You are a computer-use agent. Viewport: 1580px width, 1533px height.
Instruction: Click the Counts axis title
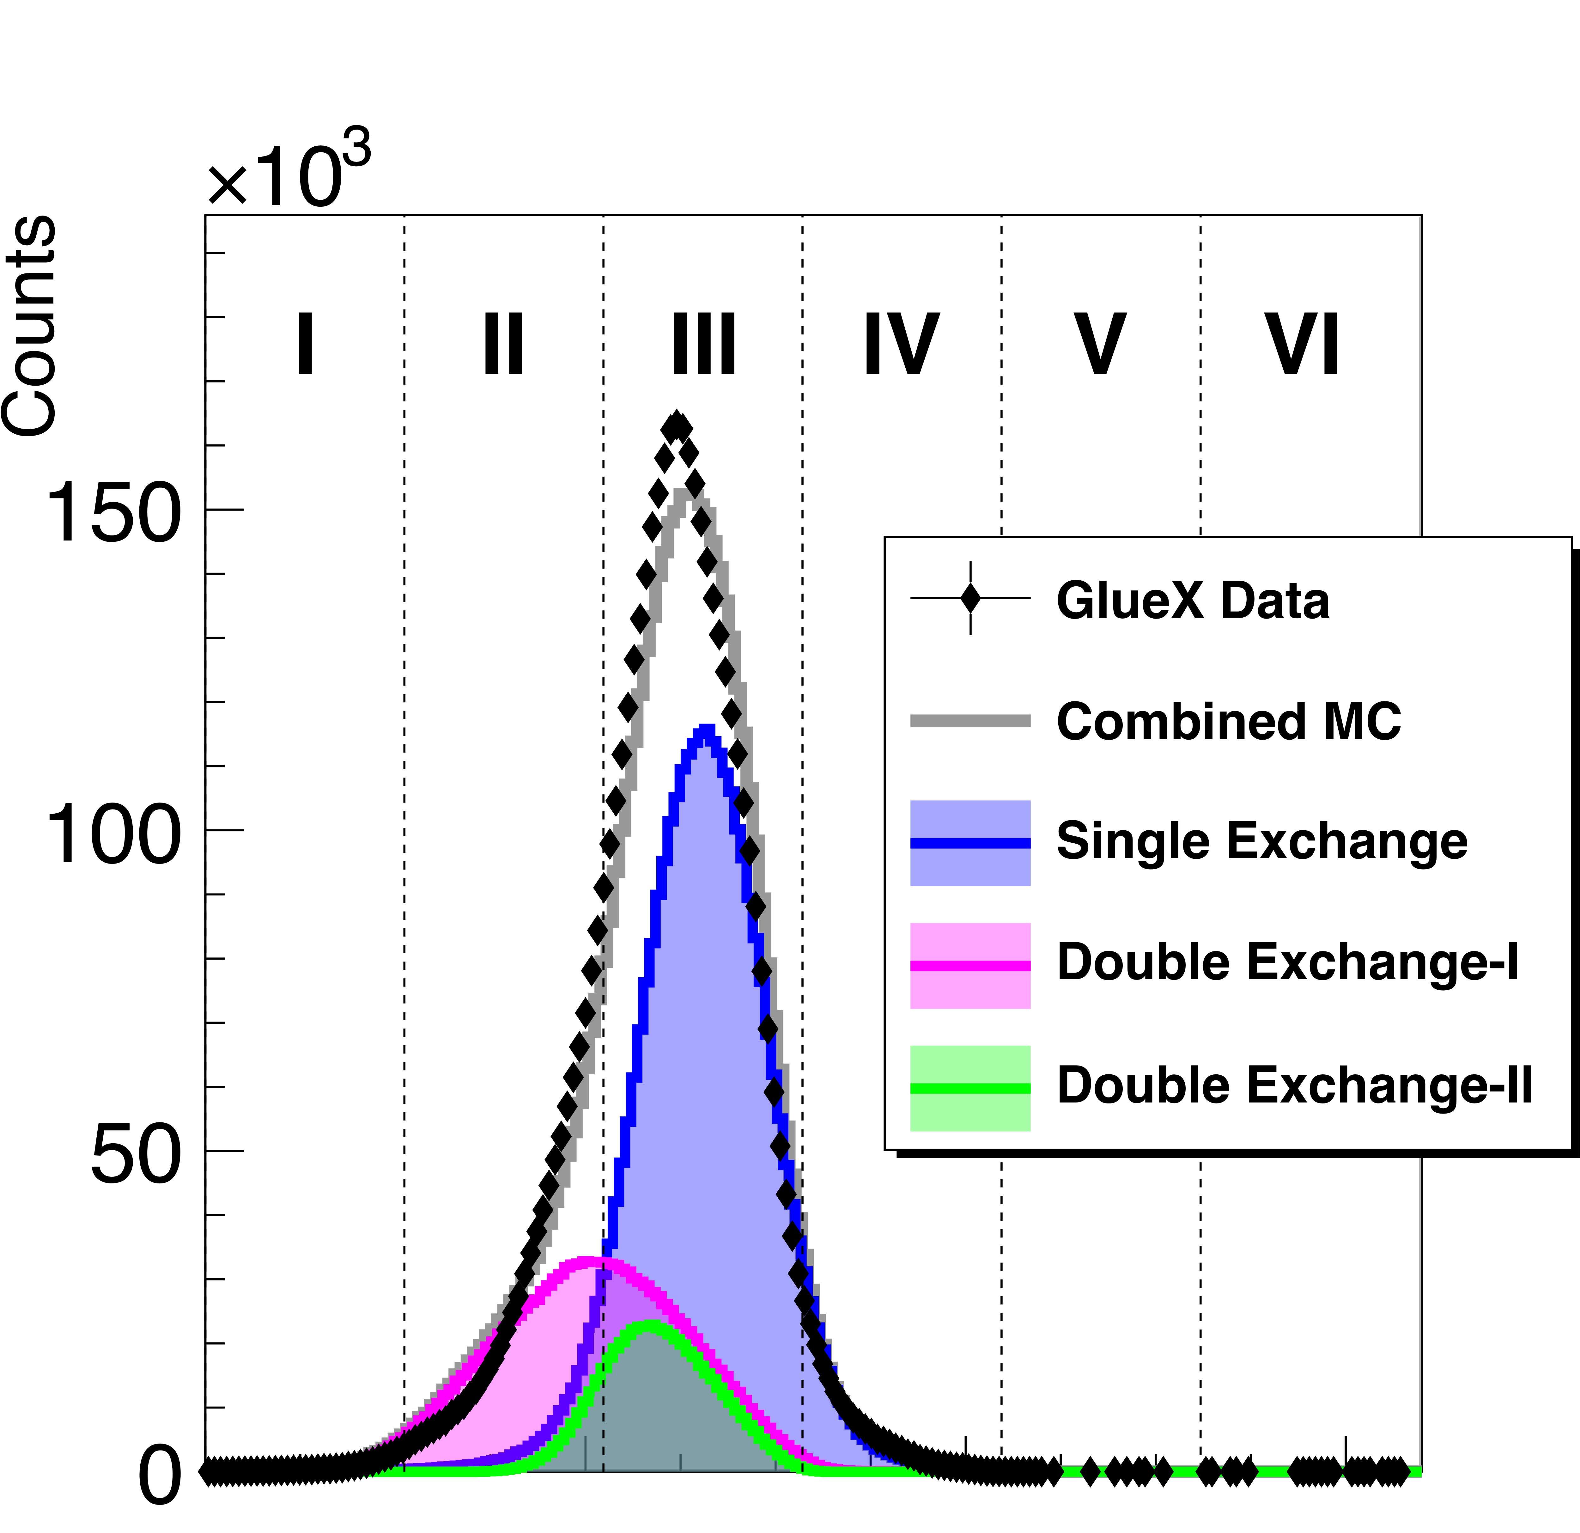[x=31, y=327]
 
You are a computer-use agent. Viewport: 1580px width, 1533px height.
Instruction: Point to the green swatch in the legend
[x=970, y=1088]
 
